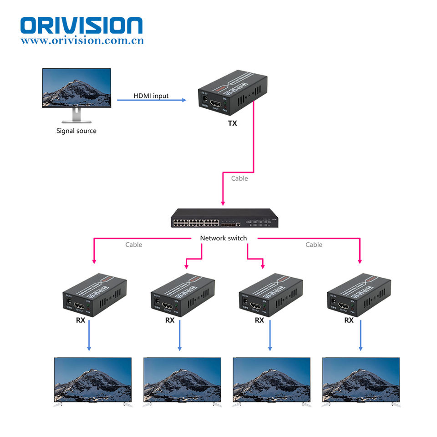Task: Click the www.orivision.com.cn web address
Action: [82, 41]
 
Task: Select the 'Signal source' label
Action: [76, 131]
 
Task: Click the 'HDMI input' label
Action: [151, 96]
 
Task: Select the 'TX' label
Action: [232, 123]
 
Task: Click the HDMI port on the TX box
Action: [215, 105]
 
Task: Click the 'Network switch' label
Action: [224, 238]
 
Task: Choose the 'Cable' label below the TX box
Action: [239, 178]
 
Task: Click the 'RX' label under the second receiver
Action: [170, 320]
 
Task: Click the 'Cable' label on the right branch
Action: [314, 245]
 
